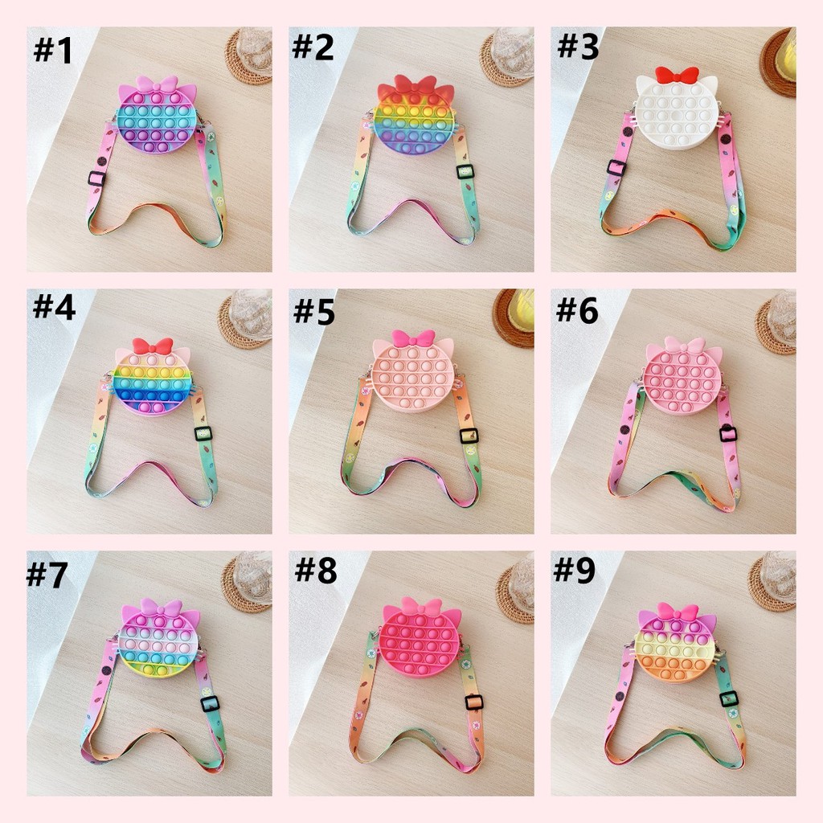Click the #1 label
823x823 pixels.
tap(53, 51)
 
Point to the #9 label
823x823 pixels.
tap(574, 570)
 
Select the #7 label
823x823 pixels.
tap(47, 574)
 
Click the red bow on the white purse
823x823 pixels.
tap(677, 75)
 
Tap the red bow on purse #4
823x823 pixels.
tap(152, 346)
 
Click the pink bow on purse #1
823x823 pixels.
tap(157, 86)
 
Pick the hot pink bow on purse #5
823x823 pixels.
tap(414, 338)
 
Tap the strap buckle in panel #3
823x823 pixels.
tap(616, 167)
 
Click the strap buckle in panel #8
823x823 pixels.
tap(474, 702)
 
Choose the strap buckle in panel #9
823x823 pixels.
tap(729, 699)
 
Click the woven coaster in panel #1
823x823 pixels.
tap(248, 57)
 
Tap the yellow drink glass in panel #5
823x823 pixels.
tap(521, 309)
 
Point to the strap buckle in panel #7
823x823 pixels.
tap(210, 703)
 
